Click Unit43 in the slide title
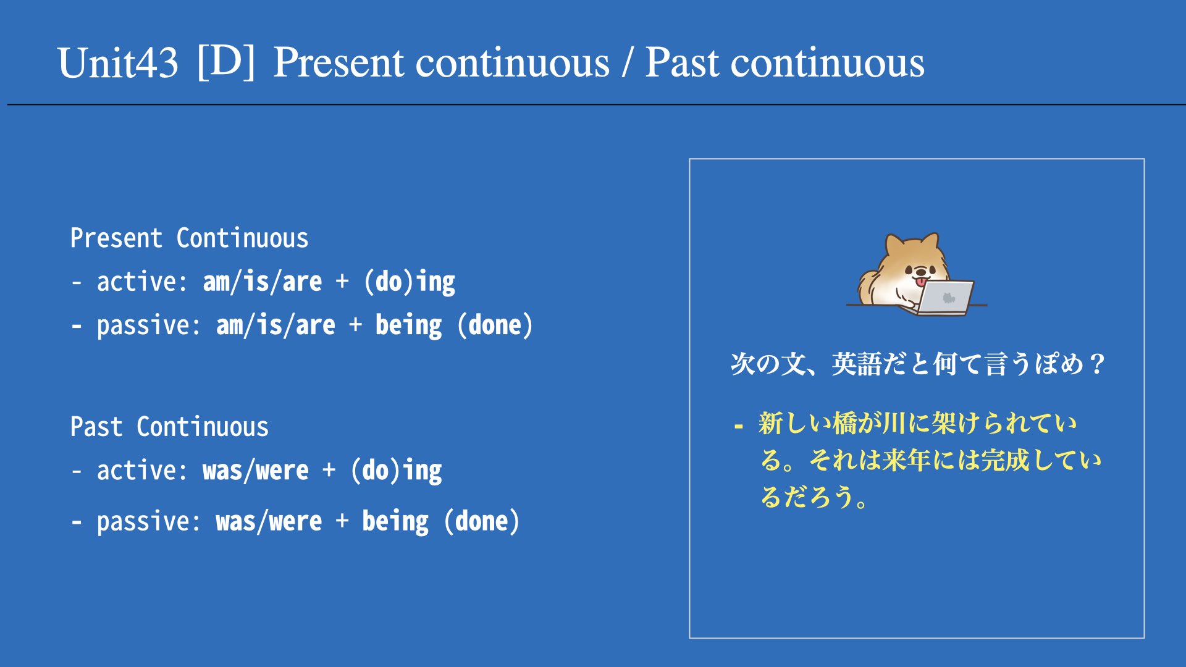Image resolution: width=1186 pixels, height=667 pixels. tap(117, 63)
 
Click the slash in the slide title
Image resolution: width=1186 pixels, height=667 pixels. tap(628, 62)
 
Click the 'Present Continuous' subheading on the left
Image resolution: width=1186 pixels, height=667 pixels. tap(189, 238)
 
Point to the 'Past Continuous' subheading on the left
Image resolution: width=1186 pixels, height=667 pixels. tap(169, 427)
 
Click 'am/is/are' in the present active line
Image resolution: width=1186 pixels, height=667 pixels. tap(263, 282)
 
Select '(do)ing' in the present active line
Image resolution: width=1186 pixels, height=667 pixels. tap(410, 282)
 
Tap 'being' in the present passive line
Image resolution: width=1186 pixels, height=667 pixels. tap(408, 325)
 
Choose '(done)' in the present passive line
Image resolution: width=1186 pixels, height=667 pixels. tap(495, 325)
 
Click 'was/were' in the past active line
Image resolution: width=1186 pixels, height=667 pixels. tap(256, 471)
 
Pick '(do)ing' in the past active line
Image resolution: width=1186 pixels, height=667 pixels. tap(396, 471)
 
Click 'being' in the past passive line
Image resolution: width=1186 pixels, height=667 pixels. tap(395, 521)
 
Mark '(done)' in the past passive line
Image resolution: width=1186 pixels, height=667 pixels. tap(482, 521)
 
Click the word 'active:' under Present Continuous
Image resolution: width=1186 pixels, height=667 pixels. tap(142, 282)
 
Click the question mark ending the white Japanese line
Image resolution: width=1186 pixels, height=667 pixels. tap(1097, 364)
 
